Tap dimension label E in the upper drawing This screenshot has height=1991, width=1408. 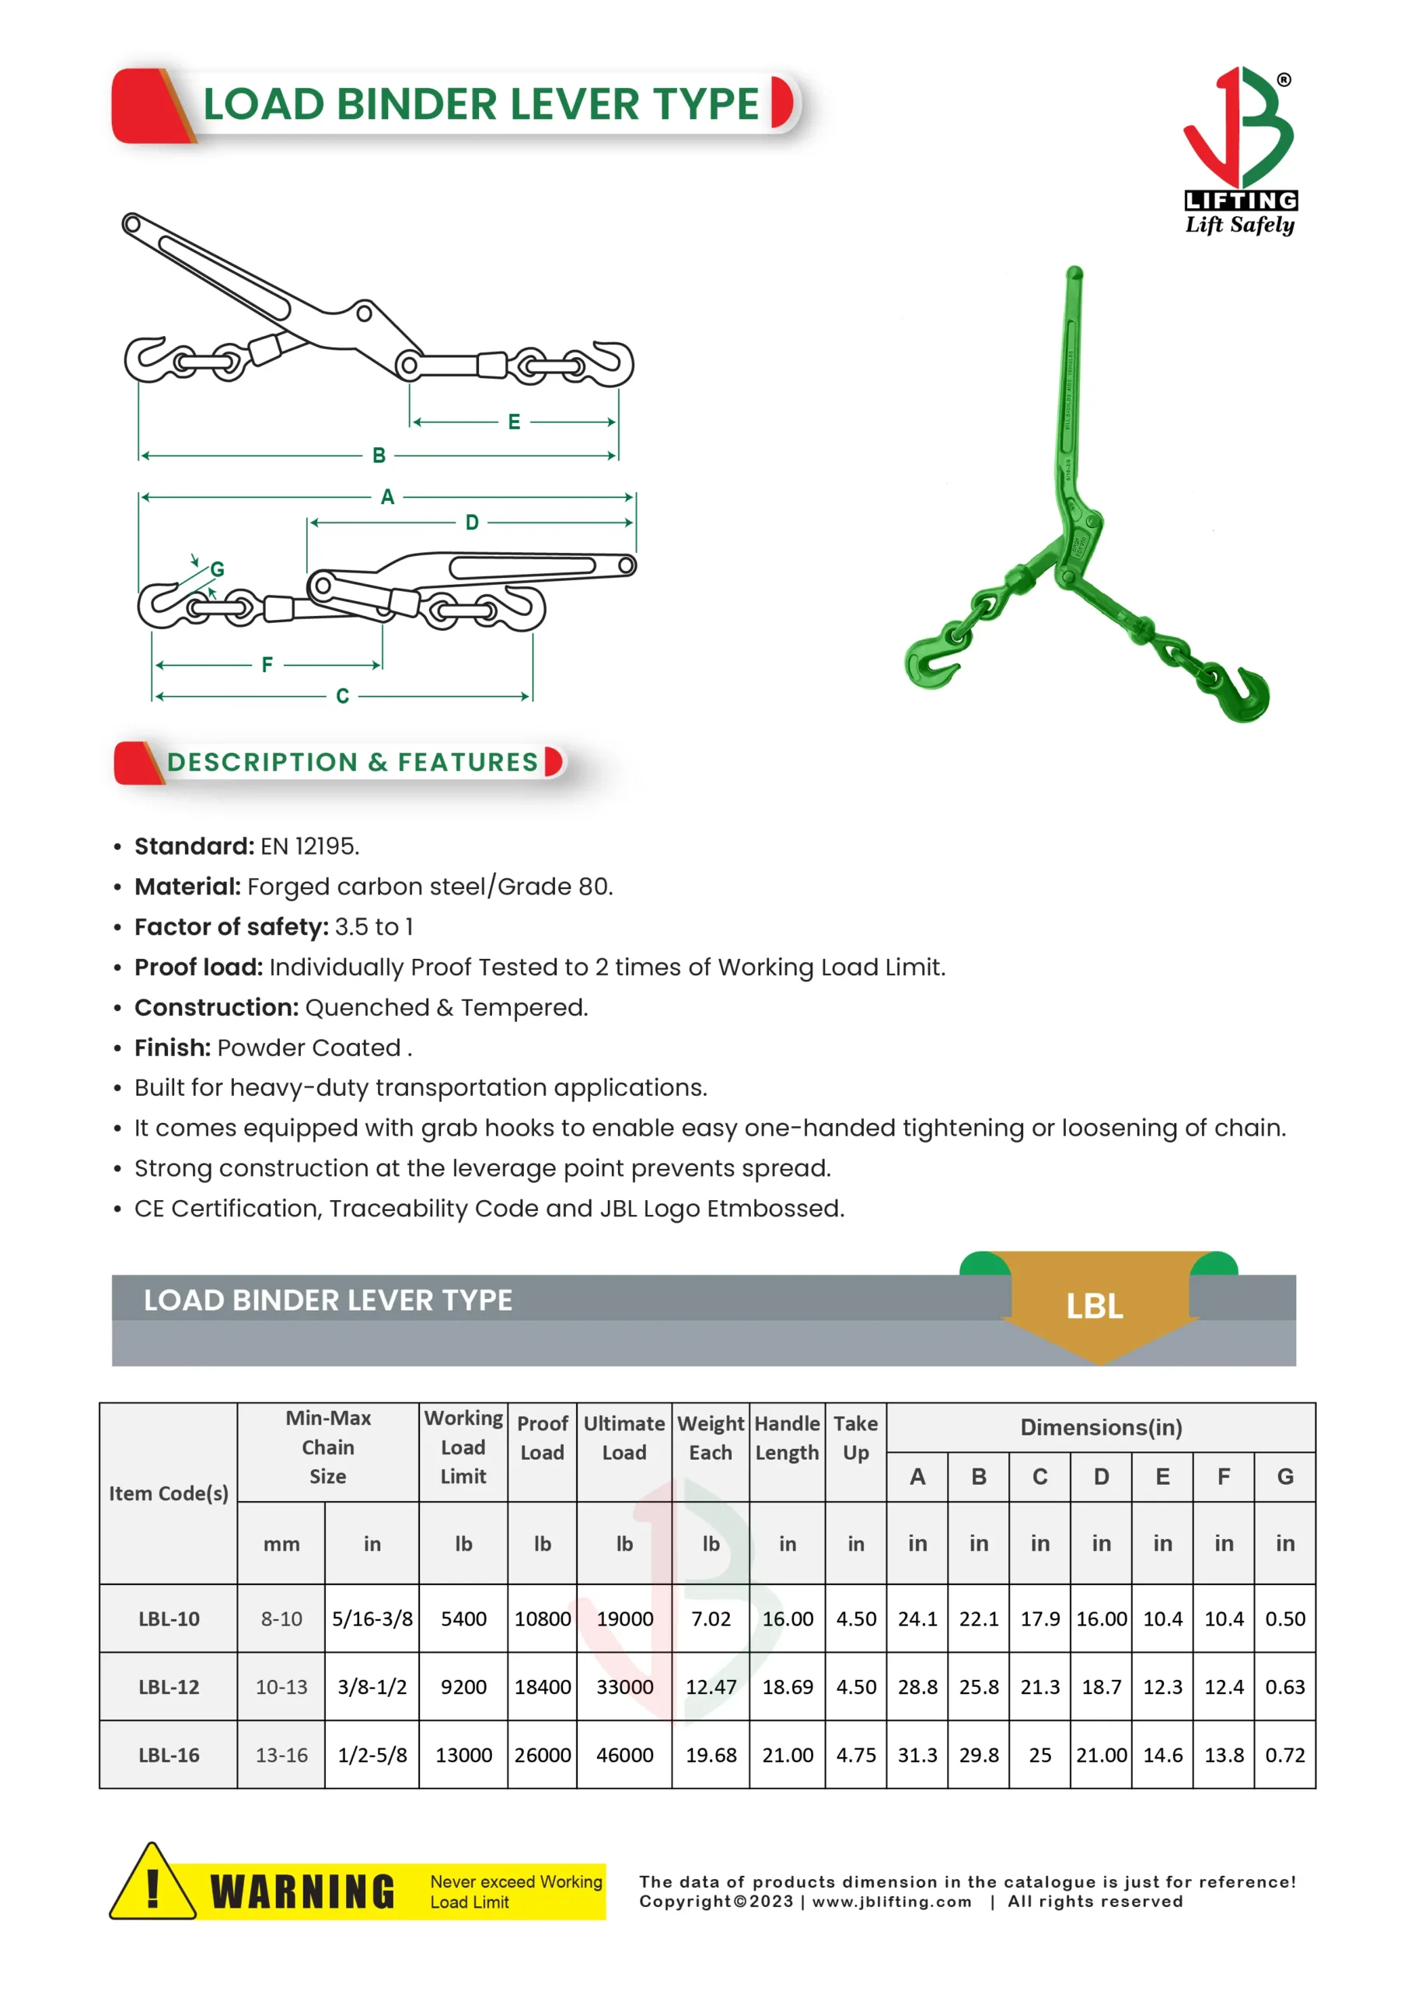point(514,422)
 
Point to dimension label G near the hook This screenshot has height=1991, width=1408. point(218,569)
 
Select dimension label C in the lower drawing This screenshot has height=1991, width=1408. point(342,696)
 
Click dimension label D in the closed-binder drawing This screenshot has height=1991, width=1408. point(472,522)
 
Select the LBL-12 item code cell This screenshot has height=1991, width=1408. point(169,1687)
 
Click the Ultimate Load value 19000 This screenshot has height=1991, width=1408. point(624,1619)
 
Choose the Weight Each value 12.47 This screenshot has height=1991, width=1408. point(710,1687)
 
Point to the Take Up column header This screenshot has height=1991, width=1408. point(855,1438)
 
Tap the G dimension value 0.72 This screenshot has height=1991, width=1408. point(1284,1755)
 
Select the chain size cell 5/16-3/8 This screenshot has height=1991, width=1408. point(372,1619)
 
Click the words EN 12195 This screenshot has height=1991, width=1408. point(309,846)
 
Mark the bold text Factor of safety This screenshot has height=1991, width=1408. point(232,927)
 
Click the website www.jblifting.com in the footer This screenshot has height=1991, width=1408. point(891,1902)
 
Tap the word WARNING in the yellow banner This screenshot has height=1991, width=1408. point(302,1892)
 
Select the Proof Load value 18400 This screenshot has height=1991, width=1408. point(542,1687)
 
